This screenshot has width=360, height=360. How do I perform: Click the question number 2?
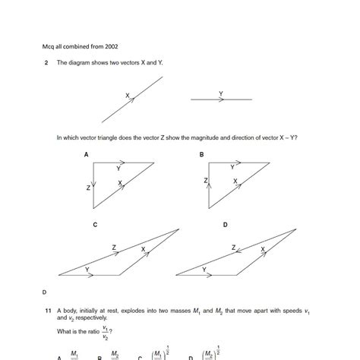coord(47,62)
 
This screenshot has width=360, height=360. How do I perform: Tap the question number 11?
coord(47,311)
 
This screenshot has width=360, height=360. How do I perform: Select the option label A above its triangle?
coord(87,154)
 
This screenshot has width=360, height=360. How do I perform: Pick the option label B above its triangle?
coord(202,154)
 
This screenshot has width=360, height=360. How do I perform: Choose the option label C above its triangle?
coord(94,225)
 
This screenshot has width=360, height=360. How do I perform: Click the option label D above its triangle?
coord(226,225)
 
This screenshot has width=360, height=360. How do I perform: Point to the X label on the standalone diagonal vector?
coord(128,96)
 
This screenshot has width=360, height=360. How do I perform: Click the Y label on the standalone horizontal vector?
coord(221,93)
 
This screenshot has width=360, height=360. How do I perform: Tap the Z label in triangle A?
coord(88,186)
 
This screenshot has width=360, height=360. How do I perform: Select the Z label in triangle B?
coord(205,181)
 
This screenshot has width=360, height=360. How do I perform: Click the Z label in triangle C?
coord(114,248)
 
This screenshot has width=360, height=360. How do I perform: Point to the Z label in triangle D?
coord(234,248)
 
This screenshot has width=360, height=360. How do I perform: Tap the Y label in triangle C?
coord(87,270)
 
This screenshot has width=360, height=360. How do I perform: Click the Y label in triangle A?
coord(118,168)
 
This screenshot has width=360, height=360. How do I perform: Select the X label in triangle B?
coord(235,182)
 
